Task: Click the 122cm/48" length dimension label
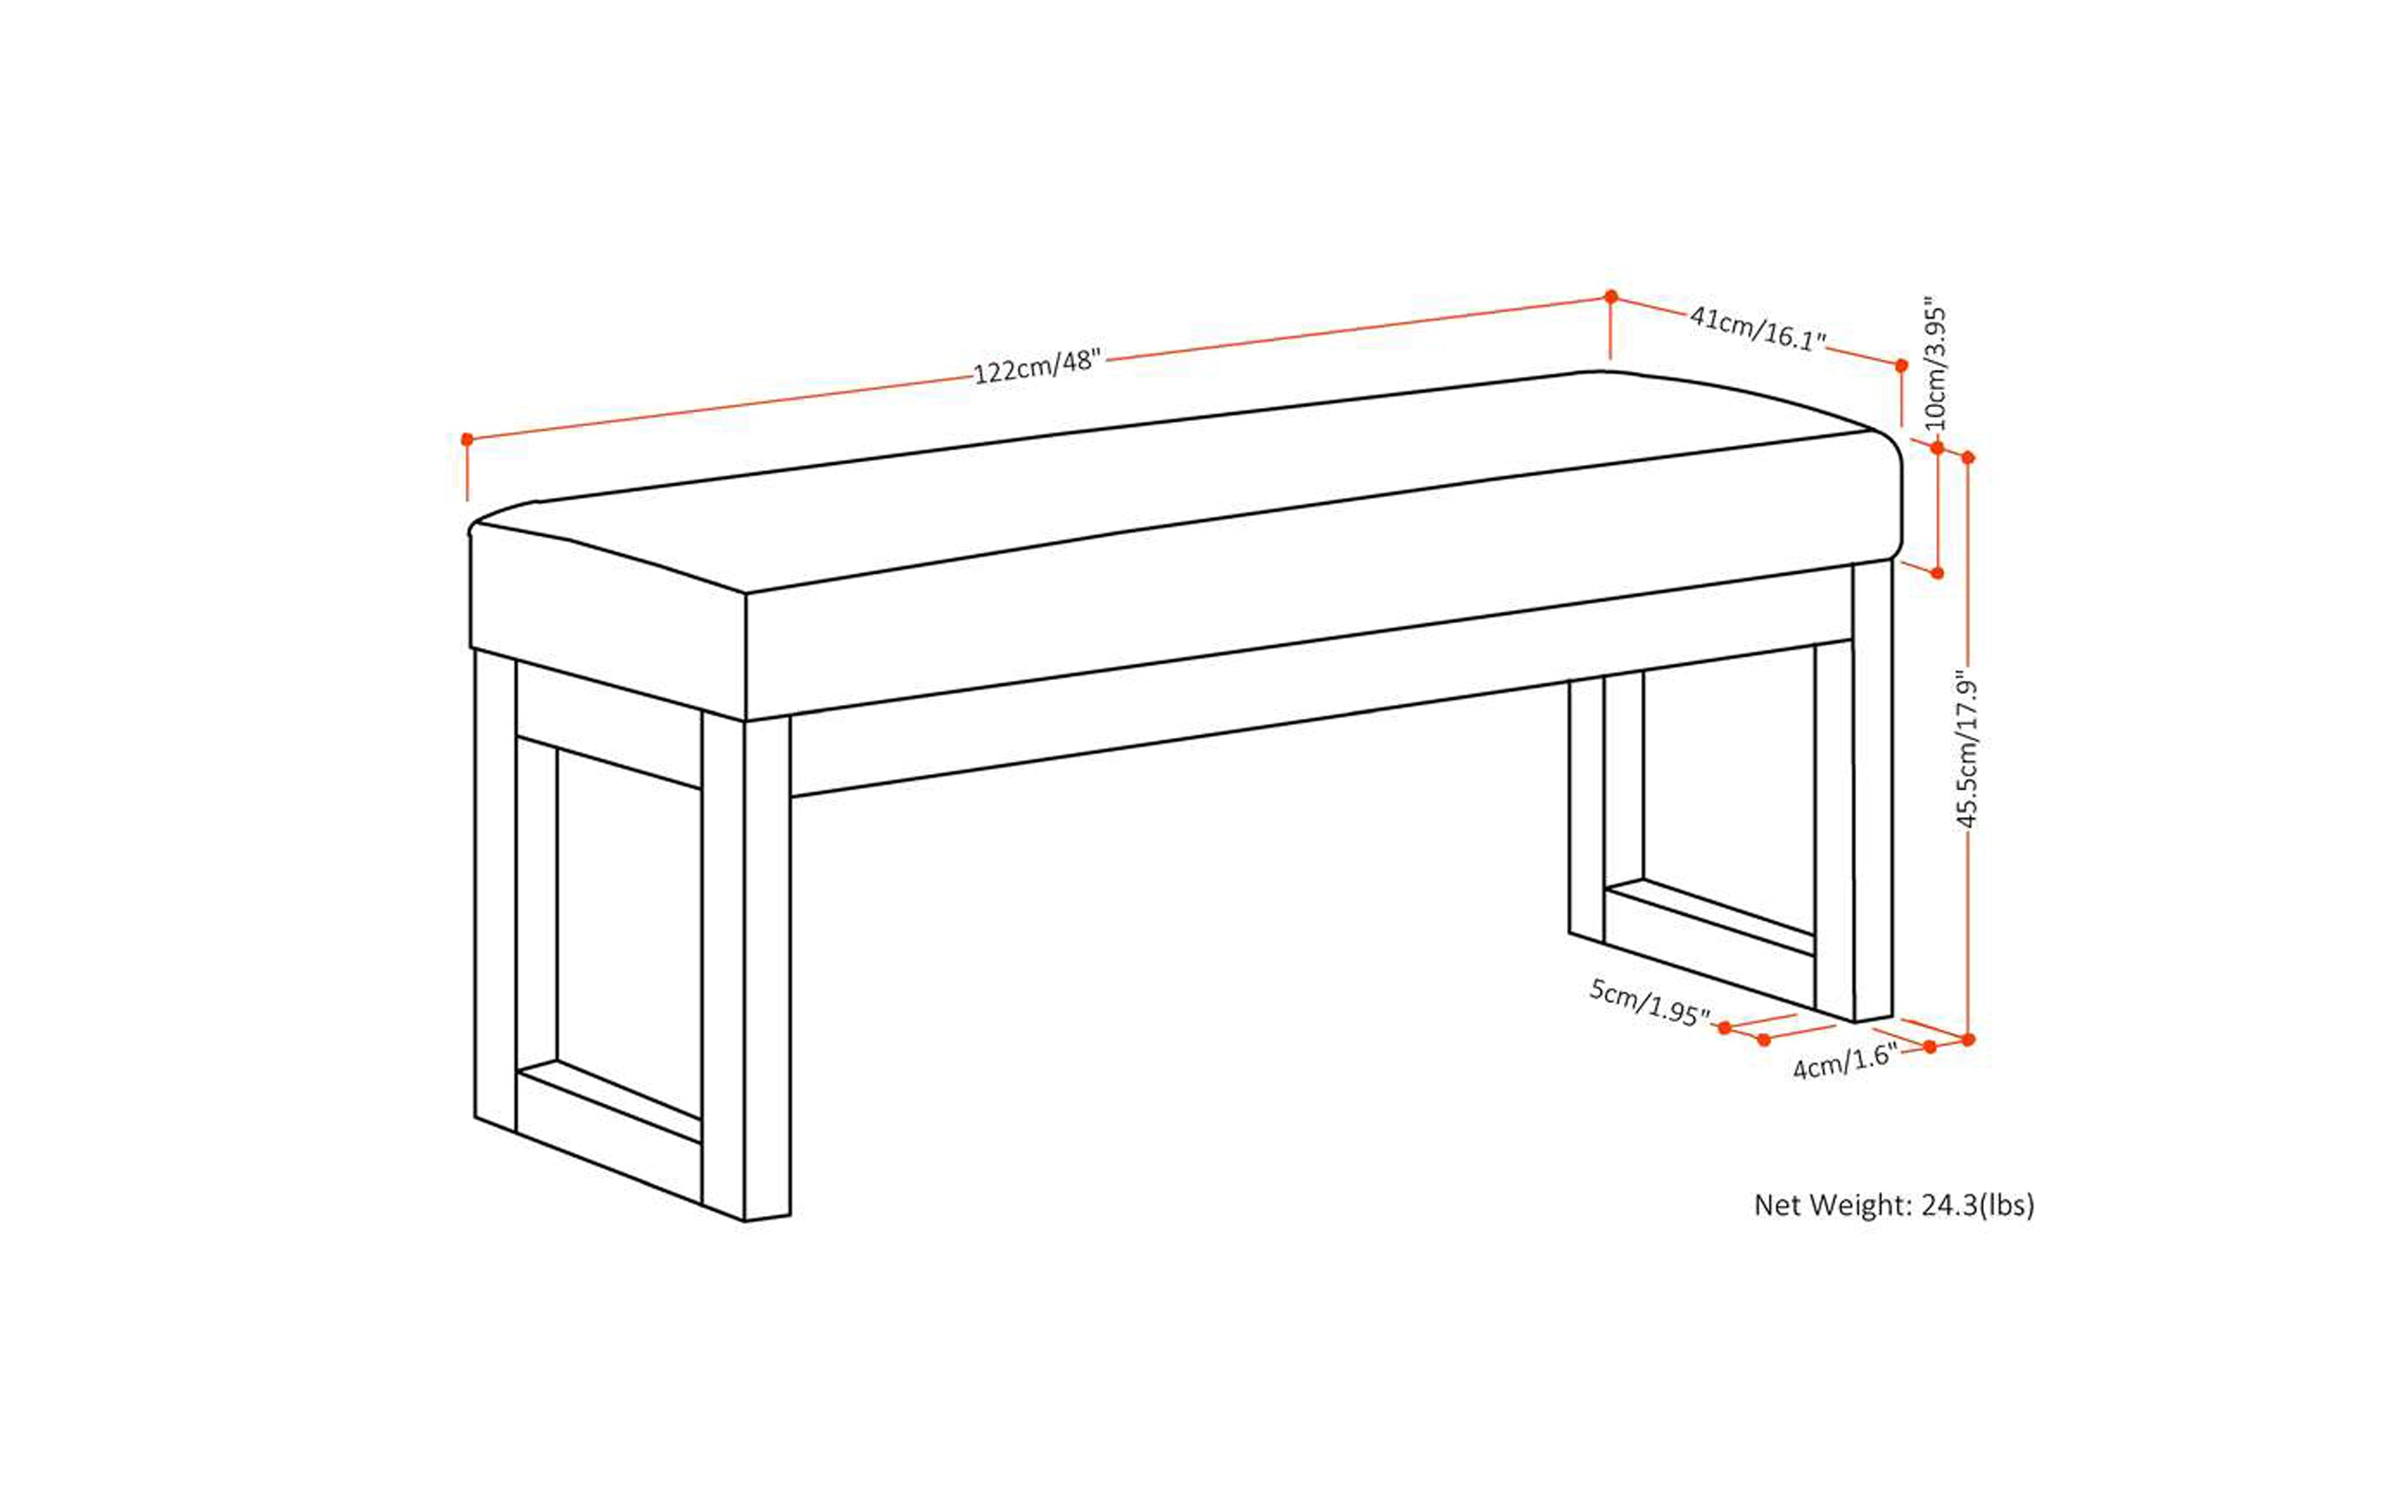1036,366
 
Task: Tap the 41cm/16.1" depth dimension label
1757,329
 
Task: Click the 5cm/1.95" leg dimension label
1648,1002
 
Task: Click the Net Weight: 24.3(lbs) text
1893,1205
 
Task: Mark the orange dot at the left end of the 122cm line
467,439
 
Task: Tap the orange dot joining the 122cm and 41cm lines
1611,296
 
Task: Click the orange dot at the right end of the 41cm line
1901,365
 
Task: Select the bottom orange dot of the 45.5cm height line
1967,1039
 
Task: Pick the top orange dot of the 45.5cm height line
1967,457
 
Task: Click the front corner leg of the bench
767,967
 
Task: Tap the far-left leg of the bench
495,888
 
